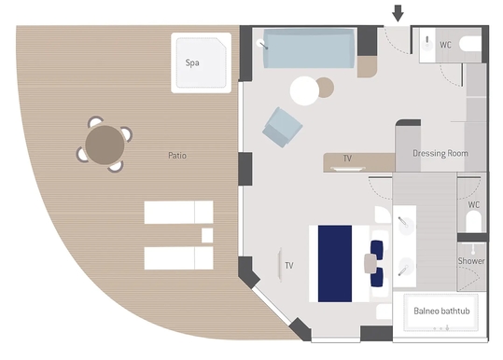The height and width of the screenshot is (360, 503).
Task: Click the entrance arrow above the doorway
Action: click(x=398, y=13)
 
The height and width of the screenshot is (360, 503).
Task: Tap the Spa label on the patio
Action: click(x=192, y=62)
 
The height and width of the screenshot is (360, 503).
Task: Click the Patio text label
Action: click(x=177, y=156)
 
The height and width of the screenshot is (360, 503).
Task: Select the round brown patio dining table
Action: click(x=105, y=145)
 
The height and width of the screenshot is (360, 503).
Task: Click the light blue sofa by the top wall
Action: click(x=309, y=48)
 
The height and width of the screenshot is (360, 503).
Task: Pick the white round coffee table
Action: click(x=304, y=91)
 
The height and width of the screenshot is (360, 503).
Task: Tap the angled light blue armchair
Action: click(x=282, y=127)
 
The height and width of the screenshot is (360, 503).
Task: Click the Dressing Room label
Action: click(x=440, y=153)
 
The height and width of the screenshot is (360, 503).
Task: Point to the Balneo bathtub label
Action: click(x=441, y=311)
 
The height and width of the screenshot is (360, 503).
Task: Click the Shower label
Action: click(x=471, y=261)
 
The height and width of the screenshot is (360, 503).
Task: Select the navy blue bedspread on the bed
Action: click(x=335, y=264)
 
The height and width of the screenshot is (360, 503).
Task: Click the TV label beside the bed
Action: click(x=289, y=266)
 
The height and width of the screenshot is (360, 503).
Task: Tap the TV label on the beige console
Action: click(x=347, y=159)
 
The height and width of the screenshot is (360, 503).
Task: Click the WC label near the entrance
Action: click(x=445, y=45)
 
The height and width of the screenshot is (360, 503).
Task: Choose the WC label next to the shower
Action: click(x=474, y=205)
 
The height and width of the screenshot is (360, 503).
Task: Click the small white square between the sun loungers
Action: click(x=207, y=235)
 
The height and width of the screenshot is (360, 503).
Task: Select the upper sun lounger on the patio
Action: click(x=178, y=213)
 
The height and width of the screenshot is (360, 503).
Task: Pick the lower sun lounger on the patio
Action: click(x=178, y=258)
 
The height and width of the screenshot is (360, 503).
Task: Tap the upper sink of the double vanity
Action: click(x=405, y=224)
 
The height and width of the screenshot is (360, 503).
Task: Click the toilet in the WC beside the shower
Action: click(x=473, y=221)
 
